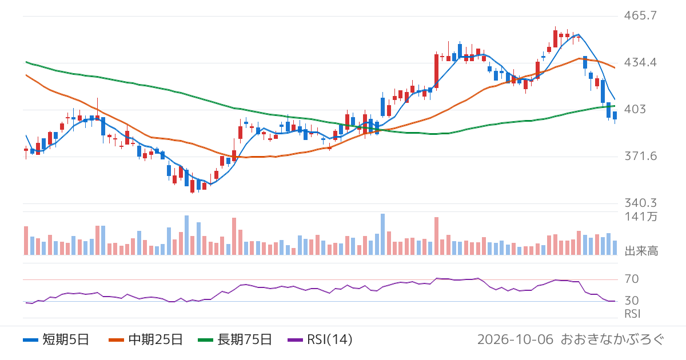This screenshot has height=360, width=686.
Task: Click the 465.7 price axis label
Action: [640, 15]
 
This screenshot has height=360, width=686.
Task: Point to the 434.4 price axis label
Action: [640, 62]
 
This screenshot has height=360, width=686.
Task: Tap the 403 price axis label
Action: [635, 109]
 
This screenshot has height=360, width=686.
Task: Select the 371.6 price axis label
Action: [641, 157]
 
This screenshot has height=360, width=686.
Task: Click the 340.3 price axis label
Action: [641, 203]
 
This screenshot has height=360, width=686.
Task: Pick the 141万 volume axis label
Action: [641, 217]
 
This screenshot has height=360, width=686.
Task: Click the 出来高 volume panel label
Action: [641, 251]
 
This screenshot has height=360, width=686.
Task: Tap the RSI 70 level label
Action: [632, 279]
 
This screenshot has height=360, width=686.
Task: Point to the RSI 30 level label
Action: [632, 301]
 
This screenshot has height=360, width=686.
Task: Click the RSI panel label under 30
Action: [632, 314]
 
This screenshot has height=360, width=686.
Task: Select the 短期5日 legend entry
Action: [56, 339]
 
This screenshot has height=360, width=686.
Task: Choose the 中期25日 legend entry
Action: [146, 339]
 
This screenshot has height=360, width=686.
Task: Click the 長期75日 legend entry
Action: [235, 339]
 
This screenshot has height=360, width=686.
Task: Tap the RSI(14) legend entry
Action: [320, 339]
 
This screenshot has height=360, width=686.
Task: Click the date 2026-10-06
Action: [515, 339]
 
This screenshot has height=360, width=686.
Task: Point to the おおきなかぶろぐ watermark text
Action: [612, 339]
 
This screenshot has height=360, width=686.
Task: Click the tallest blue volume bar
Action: [382, 234]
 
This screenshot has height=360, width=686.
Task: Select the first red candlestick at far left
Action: [26, 150]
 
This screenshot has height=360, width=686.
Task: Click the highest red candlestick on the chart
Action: [555, 39]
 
